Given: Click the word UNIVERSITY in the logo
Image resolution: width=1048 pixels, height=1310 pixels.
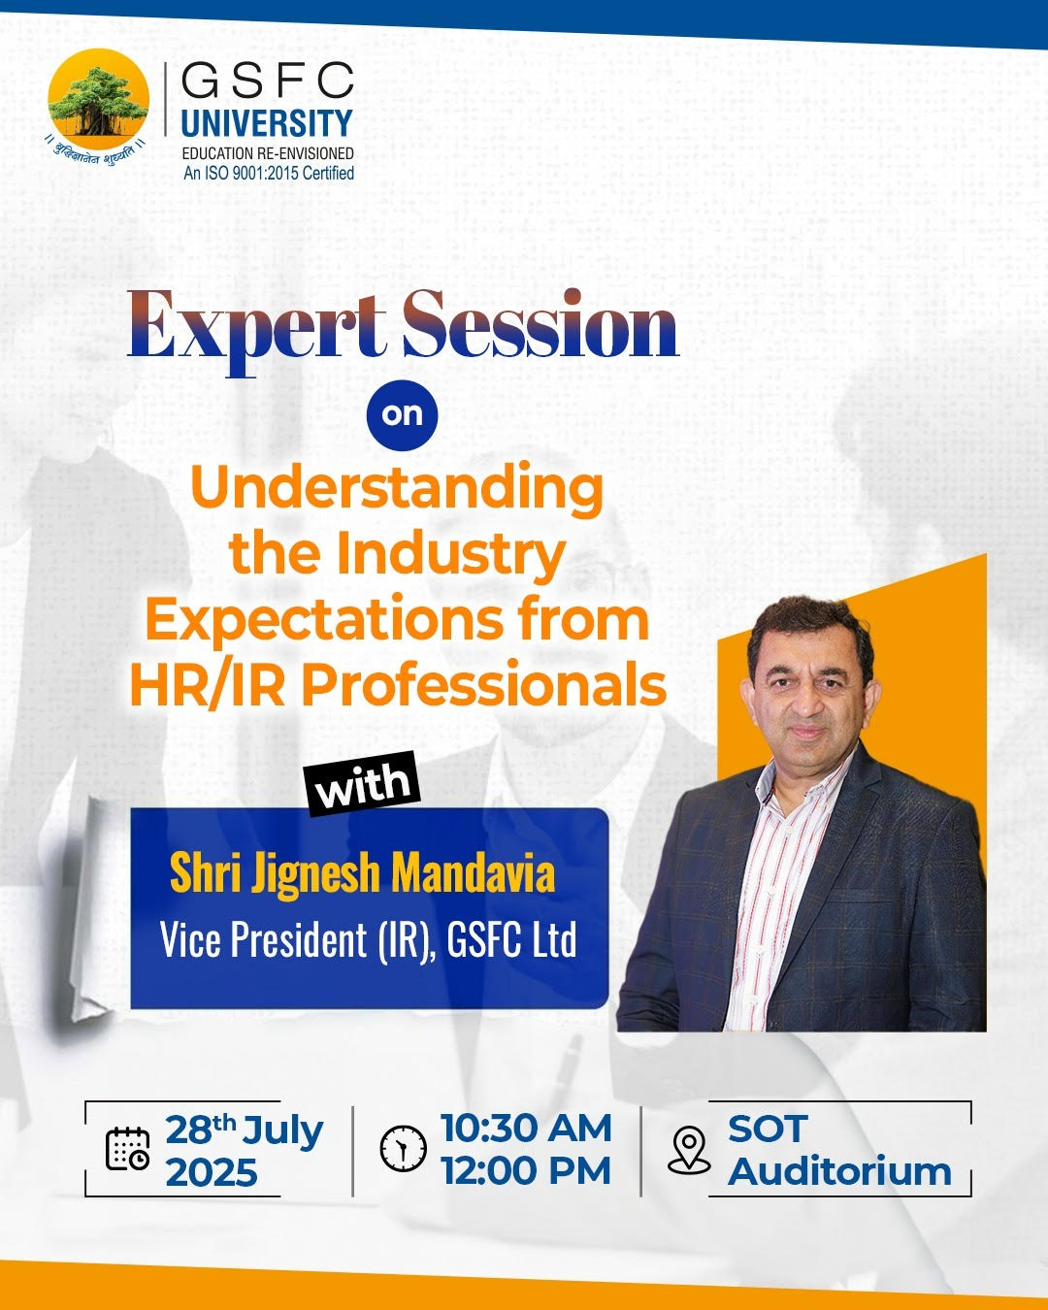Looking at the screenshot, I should click(267, 123).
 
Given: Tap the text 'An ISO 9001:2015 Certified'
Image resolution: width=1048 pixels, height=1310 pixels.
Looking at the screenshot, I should click(269, 173).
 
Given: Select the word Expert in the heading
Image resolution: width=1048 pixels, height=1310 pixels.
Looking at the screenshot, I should click(255, 328).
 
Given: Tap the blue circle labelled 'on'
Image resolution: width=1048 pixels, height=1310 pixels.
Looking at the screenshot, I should click(402, 414).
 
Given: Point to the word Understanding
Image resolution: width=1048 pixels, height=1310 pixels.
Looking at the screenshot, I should click(397, 487).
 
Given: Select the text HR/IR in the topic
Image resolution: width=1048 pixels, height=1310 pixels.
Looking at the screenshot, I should click(207, 685).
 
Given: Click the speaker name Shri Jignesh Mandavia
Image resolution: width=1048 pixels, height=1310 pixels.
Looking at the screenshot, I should click(362, 872).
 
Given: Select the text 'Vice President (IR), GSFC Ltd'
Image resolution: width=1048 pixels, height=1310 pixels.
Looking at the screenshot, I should click(368, 940).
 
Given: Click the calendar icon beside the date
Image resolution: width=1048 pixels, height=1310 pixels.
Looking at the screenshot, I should click(127, 1149).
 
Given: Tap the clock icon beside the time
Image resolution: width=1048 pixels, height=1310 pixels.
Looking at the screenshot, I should click(403, 1149).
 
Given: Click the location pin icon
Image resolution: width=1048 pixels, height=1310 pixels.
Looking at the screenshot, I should click(689, 1150).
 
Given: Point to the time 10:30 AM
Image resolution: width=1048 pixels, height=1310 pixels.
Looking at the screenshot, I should click(526, 1129).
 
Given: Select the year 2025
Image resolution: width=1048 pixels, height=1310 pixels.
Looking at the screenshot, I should click(212, 1172).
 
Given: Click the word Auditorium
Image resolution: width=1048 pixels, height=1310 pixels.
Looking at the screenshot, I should click(839, 1172).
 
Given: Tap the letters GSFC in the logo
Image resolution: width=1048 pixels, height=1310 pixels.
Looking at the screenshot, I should click(267, 82).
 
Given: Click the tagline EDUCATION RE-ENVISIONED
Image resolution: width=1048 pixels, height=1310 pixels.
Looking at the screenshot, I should click(268, 153).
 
